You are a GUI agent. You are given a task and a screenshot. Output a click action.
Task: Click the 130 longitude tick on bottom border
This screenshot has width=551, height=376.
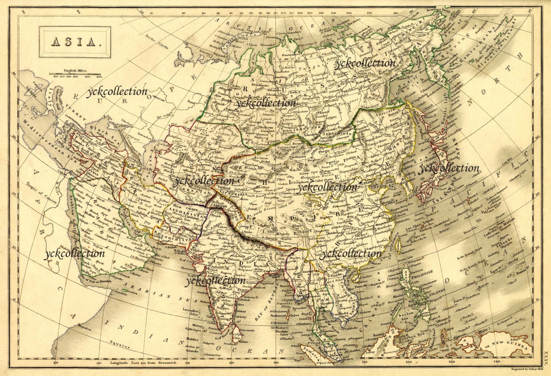coord(451,362)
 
